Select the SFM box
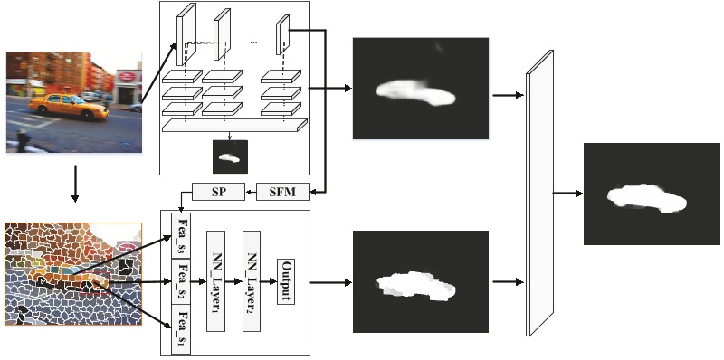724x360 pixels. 283,192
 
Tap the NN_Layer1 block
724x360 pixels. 216,280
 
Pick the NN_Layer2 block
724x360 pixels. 252,280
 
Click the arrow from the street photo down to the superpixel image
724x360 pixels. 74,186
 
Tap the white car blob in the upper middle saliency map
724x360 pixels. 416,90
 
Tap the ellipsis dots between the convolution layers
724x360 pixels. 254,42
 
